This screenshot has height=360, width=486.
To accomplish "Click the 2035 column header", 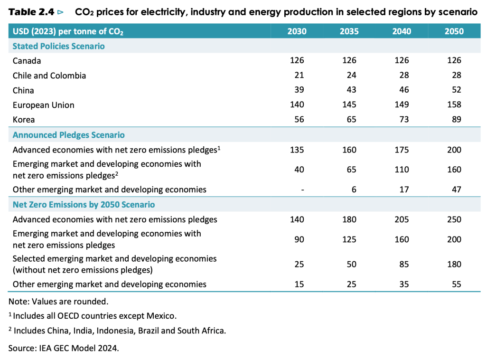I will tap(349, 31).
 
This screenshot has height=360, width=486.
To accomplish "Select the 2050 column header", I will tap(454, 31).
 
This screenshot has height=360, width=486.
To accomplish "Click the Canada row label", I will tap(27, 61).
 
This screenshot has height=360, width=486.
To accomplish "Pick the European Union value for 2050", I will tap(454, 105).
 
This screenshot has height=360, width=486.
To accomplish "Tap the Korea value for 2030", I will tap(297, 120).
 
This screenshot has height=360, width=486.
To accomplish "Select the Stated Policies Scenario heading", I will tap(58, 46).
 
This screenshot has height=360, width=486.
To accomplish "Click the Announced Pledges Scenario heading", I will tap(68, 135).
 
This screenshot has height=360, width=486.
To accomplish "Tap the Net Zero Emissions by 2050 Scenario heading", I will tap(84, 205).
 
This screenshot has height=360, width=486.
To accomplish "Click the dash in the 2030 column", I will tap(302, 189).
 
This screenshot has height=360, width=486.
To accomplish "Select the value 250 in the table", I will tap(454, 219).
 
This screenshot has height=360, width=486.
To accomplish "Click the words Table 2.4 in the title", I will tap(31, 12).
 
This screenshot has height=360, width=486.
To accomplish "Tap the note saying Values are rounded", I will tap(58, 301).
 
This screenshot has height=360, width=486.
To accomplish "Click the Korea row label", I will tap(24, 120).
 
